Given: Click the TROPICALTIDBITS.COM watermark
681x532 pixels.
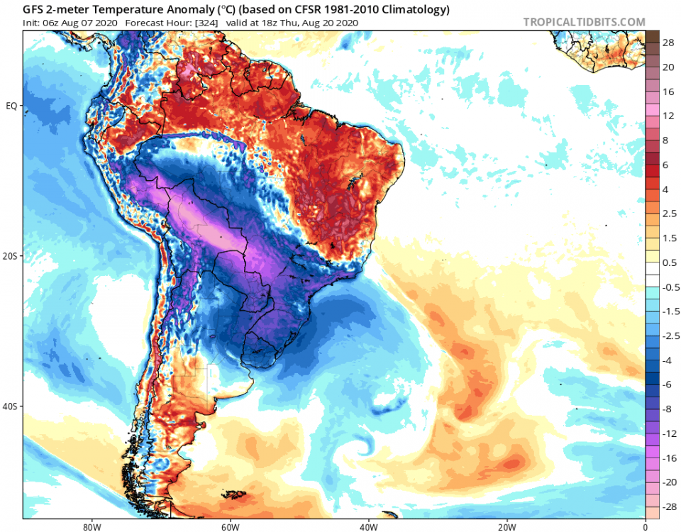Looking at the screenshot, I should point(584,22).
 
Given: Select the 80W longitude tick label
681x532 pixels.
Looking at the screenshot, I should point(89,526).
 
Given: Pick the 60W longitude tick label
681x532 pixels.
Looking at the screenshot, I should point(228,526).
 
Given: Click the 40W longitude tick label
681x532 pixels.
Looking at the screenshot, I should point(367,526).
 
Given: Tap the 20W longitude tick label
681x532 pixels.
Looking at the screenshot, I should point(506,526).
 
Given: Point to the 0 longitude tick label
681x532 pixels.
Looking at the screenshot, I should point(645,526).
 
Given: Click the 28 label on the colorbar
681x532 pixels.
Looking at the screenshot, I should point(668,43).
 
